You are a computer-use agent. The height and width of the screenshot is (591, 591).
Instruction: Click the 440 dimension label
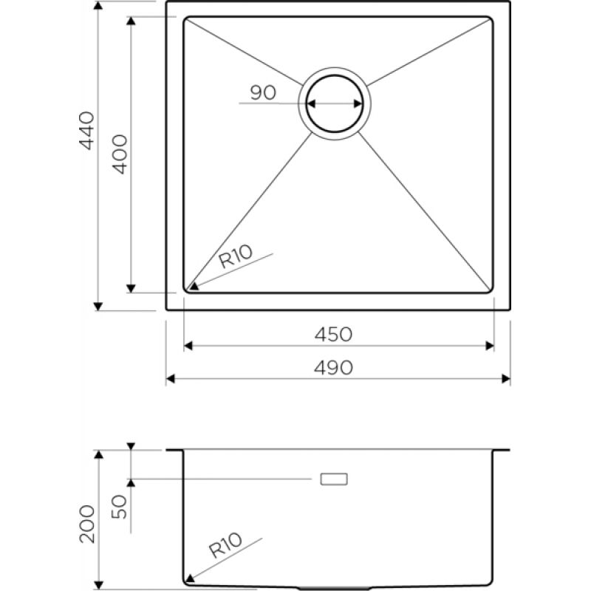point(86,131)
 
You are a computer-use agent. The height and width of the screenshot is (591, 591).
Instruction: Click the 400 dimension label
point(120,154)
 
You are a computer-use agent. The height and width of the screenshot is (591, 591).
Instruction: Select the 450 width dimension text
point(333,335)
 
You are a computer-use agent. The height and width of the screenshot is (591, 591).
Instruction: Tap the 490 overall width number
point(333,367)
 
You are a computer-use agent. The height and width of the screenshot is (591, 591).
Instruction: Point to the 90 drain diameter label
point(263,93)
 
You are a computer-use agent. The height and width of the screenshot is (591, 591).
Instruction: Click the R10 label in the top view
point(235,256)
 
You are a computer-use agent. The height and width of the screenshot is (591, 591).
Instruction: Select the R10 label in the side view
point(225,545)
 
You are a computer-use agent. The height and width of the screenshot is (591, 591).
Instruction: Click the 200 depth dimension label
point(86,524)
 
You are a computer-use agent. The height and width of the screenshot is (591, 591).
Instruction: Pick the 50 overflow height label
point(120,507)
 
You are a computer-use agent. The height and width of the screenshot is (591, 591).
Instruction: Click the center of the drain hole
point(335,103)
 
